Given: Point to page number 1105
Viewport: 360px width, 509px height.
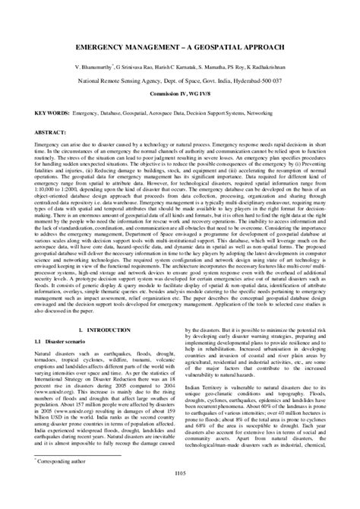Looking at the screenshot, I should pyautogui.click(x=179, y=495).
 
